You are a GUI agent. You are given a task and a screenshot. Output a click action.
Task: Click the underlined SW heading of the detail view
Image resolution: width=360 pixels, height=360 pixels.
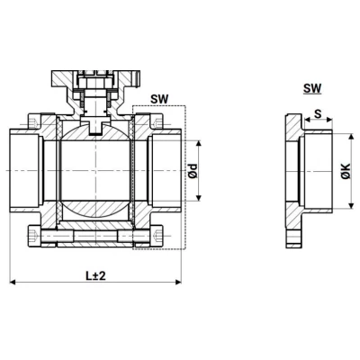[x=312, y=88]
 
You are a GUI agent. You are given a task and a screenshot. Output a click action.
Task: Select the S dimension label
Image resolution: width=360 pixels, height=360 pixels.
[x=318, y=114]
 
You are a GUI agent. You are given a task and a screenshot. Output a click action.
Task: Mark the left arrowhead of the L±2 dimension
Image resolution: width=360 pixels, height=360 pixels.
[x=13, y=283]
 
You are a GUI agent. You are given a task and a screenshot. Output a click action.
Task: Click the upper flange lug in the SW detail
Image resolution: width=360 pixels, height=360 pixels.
[x=293, y=124]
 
